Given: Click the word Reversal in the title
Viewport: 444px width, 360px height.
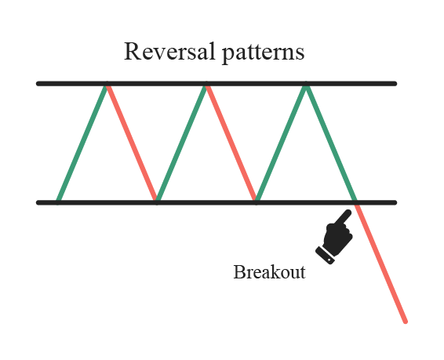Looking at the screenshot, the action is tap(169, 51).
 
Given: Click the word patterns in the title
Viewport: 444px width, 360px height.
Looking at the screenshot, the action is tap(264, 53).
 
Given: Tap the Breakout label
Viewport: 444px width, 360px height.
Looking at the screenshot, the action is tap(269, 272).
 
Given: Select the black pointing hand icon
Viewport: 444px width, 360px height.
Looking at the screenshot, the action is tap(334, 237).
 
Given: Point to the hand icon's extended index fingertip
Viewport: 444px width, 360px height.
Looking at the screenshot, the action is tap(348, 213).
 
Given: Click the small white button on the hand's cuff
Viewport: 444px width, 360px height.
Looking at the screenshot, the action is tap(329, 260).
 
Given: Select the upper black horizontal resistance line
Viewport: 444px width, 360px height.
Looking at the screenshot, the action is tap(217, 83).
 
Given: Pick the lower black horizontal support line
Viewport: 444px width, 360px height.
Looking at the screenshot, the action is tap(217, 202).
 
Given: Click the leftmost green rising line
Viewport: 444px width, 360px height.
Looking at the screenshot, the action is tap(82, 143).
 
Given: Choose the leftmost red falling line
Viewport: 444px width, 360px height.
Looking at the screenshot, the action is tap(131, 143).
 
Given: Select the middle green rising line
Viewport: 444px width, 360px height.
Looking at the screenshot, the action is tap(181, 143).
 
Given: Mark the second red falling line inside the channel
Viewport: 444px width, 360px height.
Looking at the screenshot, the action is tap(231, 143).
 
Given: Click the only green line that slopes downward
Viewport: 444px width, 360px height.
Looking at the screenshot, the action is tap(331, 143).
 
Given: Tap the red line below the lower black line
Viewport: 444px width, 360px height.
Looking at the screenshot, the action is tap(381, 263).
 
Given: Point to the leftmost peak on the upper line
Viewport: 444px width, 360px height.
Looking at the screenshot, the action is tap(107, 85).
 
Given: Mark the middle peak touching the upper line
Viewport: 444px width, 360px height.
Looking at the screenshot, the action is tap(206, 85).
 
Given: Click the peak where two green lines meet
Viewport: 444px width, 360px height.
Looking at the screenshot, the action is tap(306, 85).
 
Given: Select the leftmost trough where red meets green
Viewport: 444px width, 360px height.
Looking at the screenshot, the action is tap(156, 202).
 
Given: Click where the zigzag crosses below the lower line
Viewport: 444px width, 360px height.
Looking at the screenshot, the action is tap(356, 202).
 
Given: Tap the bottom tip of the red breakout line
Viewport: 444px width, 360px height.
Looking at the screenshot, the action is tap(406, 322).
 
